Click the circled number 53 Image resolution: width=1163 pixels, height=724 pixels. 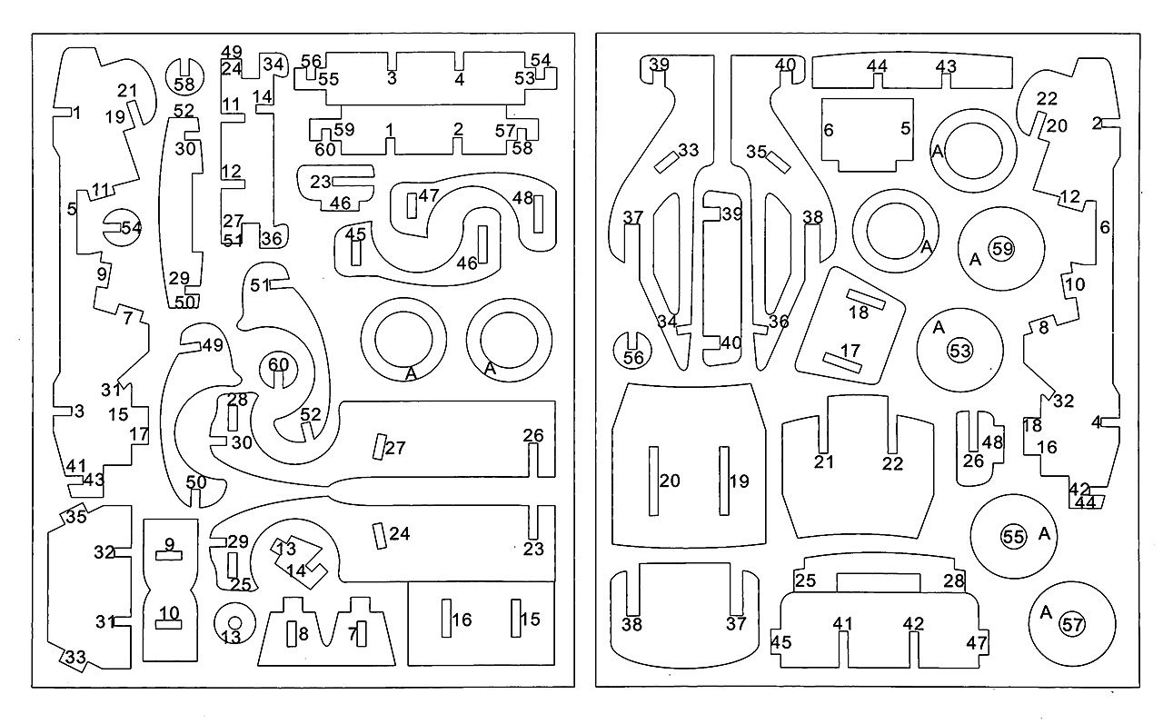pyautogui.click(x=959, y=351)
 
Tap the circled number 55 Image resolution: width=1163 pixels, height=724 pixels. pyautogui.click(x=1014, y=536)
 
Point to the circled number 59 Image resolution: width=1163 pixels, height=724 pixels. pyautogui.click(x=1002, y=249)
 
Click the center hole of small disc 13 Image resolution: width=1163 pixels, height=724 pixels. pyautogui.click(x=234, y=622)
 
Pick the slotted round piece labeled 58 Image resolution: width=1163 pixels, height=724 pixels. pyautogui.click(x=184, y=77)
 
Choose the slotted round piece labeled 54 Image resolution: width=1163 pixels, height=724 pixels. pyautogui.click(x=123, y=228)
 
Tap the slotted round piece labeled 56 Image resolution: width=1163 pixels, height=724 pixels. pyautogui.click(x=632, y=351)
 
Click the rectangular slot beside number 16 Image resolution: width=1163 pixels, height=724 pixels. pyautogui.click(x=446, y=618)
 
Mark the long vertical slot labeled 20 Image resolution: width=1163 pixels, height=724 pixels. pyautogui.click(x=653, y=481)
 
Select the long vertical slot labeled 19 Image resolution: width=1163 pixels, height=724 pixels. pyautogui.click(x=724, y=481)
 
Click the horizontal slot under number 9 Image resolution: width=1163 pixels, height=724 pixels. pyautogui.click(x=169, y=556)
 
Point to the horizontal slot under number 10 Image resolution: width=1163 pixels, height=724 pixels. pyautogui.click(x=169, y=624)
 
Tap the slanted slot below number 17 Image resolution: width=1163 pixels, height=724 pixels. pyautogui.click(x=842, y=362)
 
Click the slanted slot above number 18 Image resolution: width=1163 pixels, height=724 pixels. pyautogui.click(x=866, y=299)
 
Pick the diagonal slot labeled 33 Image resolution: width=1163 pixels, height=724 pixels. pyautogui.click(x=667, y=163)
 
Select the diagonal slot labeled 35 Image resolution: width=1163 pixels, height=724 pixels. pyautogui.click(x=779, y=163)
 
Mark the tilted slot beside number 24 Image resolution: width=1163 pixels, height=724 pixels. pyautogui.click(x=380, y=537)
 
